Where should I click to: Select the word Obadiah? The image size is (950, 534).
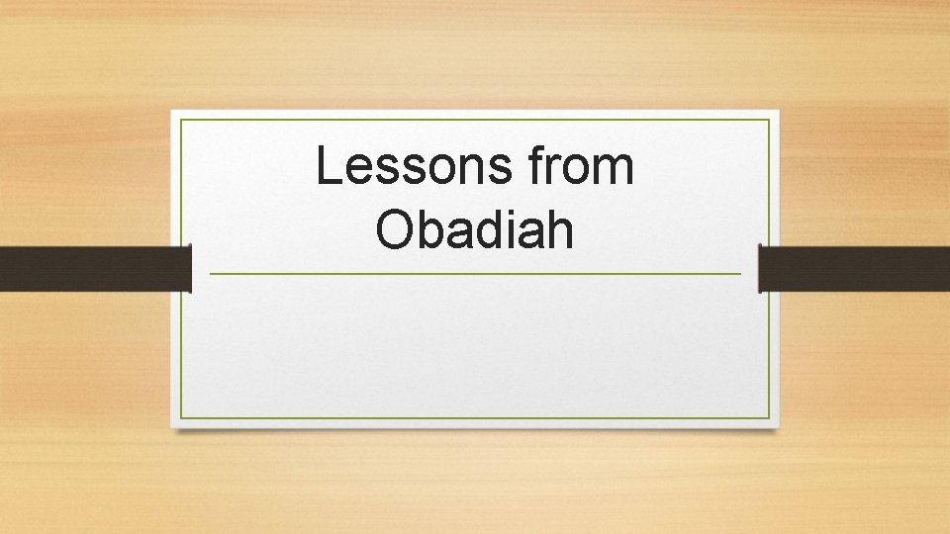pos(475,229)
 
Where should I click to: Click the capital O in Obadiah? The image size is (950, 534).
pos(395,229)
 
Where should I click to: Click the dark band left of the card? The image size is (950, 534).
pos(94,269)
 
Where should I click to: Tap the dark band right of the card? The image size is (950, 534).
pos(854,269)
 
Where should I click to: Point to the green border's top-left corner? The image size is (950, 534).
pos(182,121)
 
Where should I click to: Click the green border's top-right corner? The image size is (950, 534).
pos(769,121)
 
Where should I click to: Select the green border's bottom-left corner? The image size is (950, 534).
pos(182,417)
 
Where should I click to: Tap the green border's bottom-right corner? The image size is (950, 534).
pos(769,417)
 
